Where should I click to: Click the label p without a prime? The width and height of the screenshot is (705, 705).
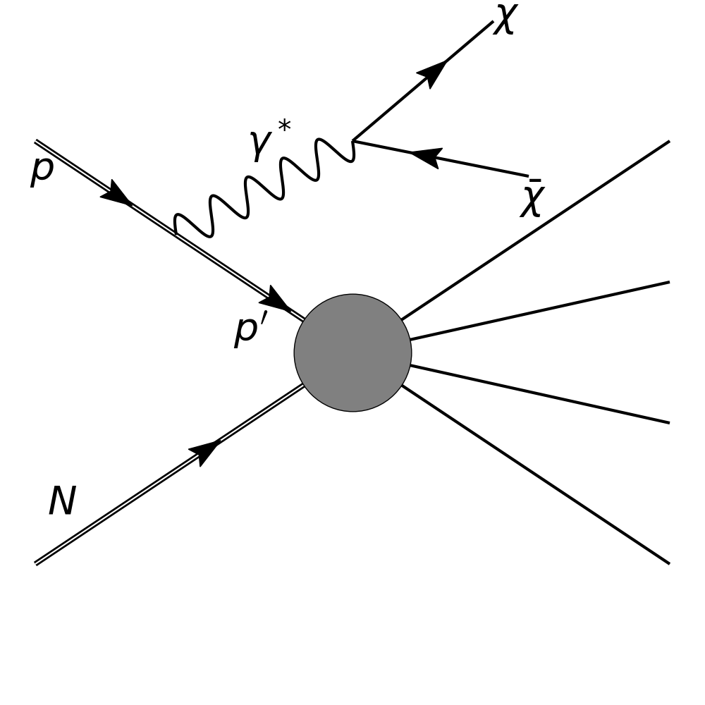coord(42,170)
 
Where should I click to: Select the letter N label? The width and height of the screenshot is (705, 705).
coord(62,502)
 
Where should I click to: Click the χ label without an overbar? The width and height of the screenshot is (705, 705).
coord(505,20)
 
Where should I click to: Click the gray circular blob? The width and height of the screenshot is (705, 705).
coord(352,352)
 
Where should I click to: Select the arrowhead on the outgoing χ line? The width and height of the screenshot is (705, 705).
coord(431,72)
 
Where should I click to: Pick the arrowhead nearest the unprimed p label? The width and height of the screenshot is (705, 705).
coord(116,193)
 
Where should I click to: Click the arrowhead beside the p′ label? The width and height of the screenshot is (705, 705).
coord(276,300)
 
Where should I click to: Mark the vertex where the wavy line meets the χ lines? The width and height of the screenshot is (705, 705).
coord(353,141)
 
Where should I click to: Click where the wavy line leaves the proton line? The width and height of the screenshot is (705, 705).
coord(175,233)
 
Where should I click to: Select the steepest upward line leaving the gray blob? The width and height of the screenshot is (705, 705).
coord(536,230)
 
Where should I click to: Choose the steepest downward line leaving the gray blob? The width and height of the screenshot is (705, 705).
coord(536,475)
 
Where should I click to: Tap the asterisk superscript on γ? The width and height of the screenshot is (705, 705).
coord(284,127)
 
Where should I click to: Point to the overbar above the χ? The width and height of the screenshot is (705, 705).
coord(535,181)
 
